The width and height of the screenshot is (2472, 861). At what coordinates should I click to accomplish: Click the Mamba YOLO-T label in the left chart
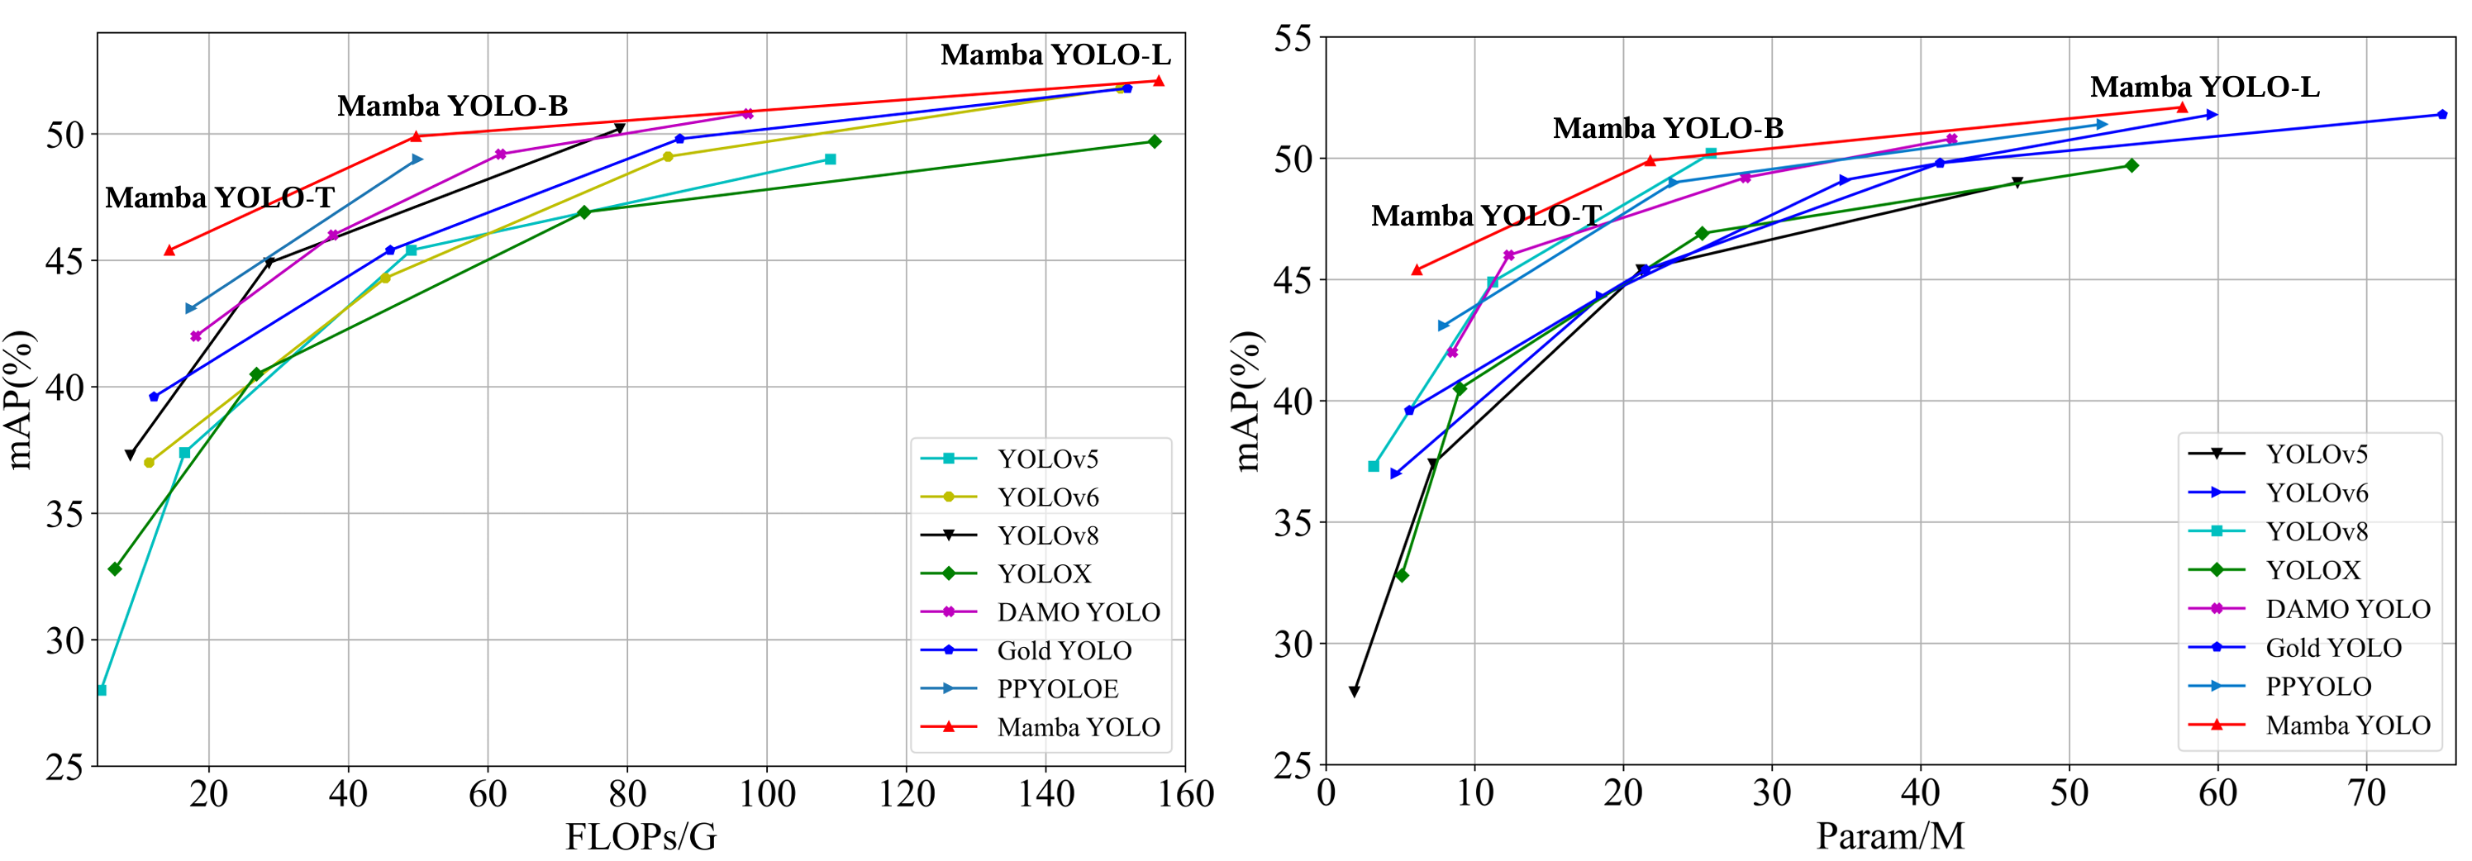pos(220,197)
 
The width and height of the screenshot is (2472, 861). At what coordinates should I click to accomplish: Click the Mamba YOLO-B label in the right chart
pos(1668,127)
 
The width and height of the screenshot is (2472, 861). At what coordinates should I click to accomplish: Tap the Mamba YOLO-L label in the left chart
pos(1055,55)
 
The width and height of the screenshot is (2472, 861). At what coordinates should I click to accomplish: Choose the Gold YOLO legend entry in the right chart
pos(2333,648)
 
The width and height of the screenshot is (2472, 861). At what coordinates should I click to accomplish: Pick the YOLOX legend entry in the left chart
pos(1044,574)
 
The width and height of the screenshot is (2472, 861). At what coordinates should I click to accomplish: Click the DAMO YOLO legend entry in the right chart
pos(2347,608)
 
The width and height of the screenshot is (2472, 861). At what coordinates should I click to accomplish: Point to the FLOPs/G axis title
pos(640,837)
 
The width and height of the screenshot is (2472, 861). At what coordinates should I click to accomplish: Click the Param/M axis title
pos(1889,836)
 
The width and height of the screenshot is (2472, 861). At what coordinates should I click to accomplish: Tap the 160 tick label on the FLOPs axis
pos(1186,795)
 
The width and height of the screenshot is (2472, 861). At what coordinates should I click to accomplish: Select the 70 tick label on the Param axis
pos(2365,793)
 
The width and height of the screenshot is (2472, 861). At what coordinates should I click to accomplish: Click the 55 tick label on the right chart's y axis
pos(1292,38)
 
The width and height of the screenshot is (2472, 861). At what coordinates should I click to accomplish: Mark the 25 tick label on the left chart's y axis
pos(64,767)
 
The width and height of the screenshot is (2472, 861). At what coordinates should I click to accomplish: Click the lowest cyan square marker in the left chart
pos(102,690)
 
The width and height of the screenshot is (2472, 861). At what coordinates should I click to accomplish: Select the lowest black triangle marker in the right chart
pos(1354,691)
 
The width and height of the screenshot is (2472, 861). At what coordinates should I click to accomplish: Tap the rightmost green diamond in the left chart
pos(1155,141)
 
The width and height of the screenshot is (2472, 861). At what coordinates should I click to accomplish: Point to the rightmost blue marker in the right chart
pos(2442,115)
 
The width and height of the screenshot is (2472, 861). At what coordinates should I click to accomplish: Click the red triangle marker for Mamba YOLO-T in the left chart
pos(170,250)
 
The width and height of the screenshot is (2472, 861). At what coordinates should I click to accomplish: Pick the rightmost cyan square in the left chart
pos(830,159)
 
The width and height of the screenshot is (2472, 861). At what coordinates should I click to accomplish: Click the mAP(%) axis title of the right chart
pos(1246,402)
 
